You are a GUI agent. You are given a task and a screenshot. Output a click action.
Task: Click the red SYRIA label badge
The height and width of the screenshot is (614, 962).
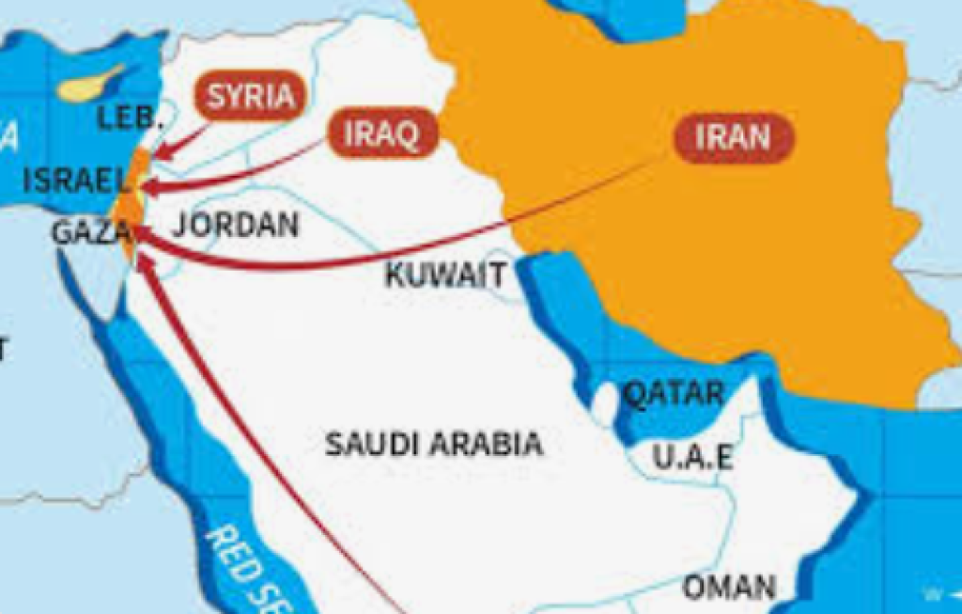point(250,97)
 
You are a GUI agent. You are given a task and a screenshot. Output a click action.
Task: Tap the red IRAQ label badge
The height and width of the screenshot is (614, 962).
point(381,134)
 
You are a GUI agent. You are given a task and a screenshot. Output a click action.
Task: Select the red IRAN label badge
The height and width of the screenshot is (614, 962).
point(734,138)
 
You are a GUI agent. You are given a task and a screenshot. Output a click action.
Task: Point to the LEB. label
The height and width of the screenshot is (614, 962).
point(131,119)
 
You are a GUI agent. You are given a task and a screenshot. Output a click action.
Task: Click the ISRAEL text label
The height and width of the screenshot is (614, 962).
point(74,181)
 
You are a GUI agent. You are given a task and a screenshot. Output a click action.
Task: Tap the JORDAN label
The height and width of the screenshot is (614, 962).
point(236,225)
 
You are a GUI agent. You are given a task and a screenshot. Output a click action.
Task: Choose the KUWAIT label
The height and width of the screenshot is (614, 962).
point(445,276)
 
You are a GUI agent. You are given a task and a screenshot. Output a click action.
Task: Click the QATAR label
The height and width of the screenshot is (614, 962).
point(675,393)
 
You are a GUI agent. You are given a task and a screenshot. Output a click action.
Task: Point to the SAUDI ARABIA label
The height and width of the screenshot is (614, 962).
point(433,443)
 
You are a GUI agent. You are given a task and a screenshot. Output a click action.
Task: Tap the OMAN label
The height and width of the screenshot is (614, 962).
point(729,587)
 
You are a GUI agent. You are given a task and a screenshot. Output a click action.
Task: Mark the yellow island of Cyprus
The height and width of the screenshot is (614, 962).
point(90,85)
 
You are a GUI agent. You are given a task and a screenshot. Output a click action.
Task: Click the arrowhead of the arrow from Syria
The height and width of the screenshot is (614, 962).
point(159,150)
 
